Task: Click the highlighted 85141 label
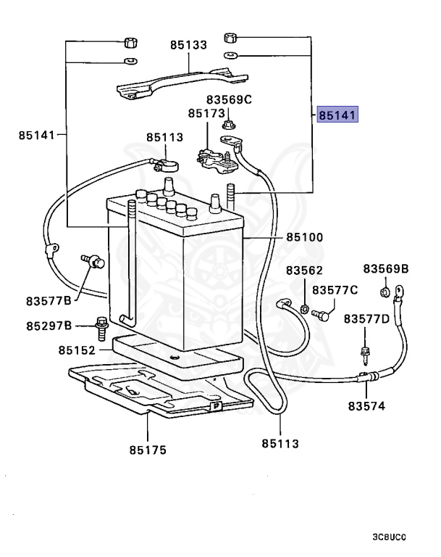pos(337,115)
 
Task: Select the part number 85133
pos(189,45)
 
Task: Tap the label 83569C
pos(229,99)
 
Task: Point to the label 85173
pos(206,114)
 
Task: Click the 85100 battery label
pos(304,237)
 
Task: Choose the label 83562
pos(304,270)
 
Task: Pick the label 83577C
pos(335,290)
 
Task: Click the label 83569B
pos(386,269)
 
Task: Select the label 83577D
pos(366,318)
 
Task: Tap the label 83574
pos(366,406)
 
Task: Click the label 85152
pos(77,350)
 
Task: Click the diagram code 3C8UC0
pos(390,537)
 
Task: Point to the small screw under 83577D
pos(365,353)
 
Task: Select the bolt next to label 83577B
pos(91,262)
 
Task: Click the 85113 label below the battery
pos(280,443)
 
